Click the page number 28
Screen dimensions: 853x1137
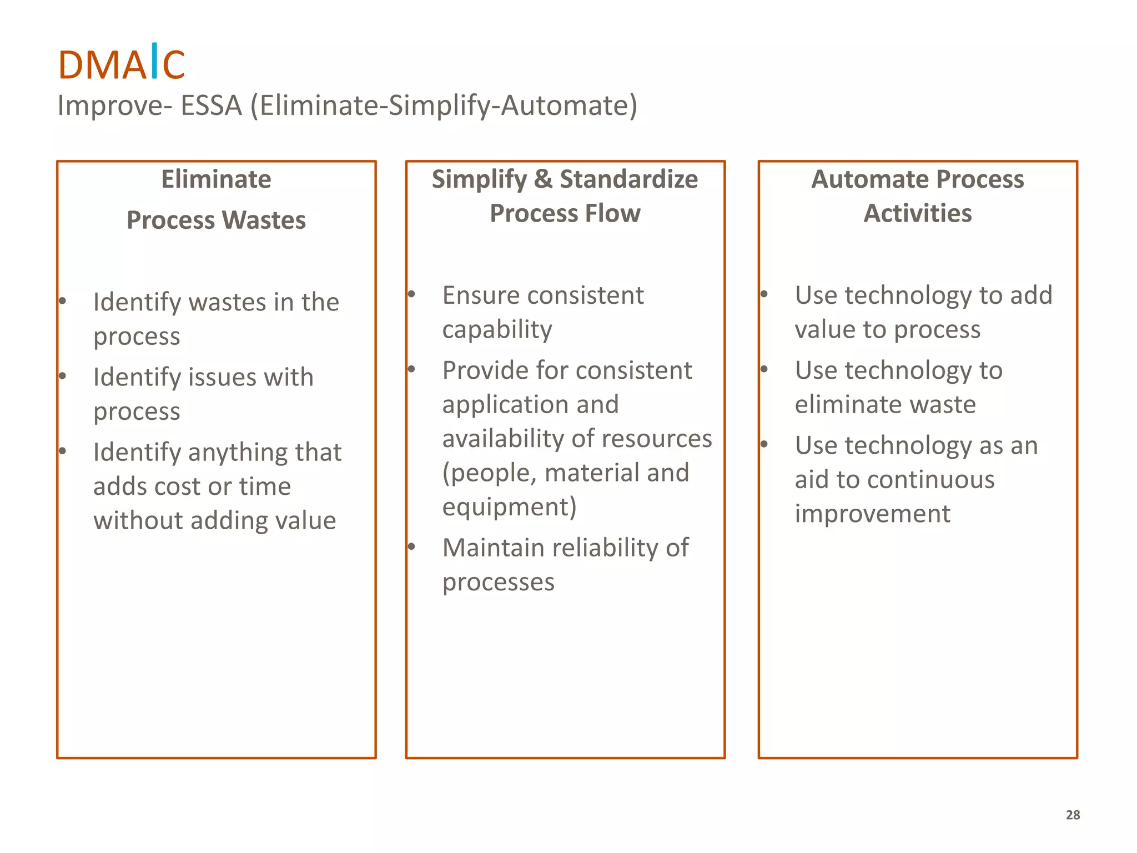[1073, 815]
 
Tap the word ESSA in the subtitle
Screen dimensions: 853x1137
[212, 106]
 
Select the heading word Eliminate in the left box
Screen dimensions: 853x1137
[216, 179]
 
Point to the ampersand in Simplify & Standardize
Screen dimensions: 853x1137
[542, 179]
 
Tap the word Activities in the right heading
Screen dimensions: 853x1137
[917, 213]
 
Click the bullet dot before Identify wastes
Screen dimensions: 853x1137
[63, 302]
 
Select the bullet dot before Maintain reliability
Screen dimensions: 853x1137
[411, 547]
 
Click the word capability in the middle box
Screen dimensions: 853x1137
[497, 330]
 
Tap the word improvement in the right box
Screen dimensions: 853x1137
[872, 514]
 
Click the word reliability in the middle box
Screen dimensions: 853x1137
[606, 548]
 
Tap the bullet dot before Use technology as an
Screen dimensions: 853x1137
[764, 444]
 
